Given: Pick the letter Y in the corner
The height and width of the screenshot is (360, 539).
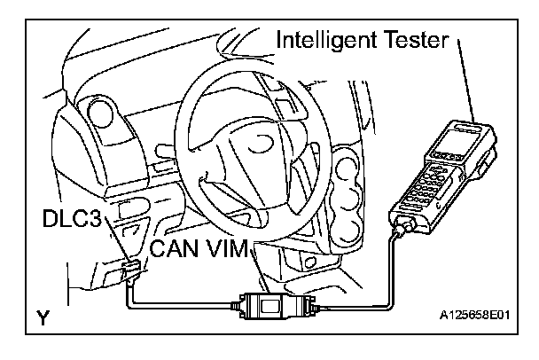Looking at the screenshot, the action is coord(42,317).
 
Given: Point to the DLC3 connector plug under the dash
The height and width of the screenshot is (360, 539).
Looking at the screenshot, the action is coord(130,269).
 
